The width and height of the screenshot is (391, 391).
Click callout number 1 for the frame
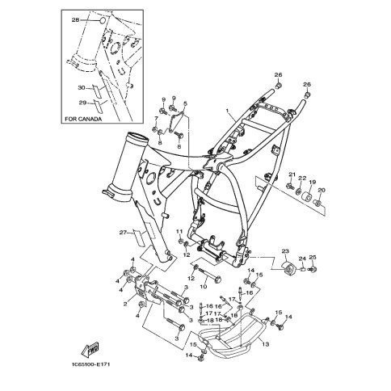[228, 111]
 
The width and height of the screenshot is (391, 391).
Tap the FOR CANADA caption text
[83, 119]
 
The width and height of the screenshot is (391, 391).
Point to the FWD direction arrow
[90, 349]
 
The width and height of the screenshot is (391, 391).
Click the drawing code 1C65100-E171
[91, 364]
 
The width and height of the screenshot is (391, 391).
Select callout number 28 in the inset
[75, 20]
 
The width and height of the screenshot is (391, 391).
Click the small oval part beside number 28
[103, 20]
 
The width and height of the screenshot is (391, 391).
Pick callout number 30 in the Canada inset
[82, 88]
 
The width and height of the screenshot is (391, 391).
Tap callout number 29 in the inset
[82, 103]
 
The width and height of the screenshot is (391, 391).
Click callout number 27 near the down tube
[123, 233]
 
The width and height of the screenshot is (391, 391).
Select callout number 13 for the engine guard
[266, 344]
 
